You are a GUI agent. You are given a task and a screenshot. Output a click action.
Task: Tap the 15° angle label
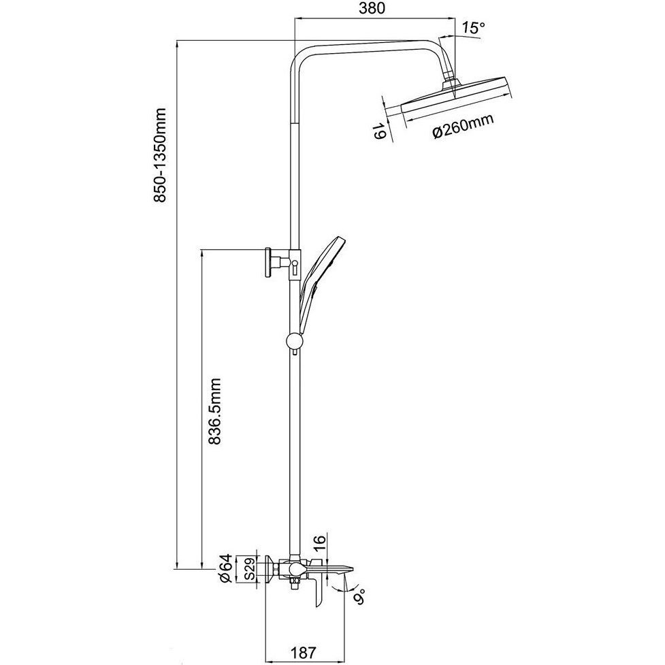coord(473,29)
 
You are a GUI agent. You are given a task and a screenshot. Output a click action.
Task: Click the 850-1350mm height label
coord(161,156)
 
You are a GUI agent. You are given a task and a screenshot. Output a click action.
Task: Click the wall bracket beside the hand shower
coord(270,262)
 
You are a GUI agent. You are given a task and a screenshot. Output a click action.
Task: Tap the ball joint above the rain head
coord(449,80)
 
